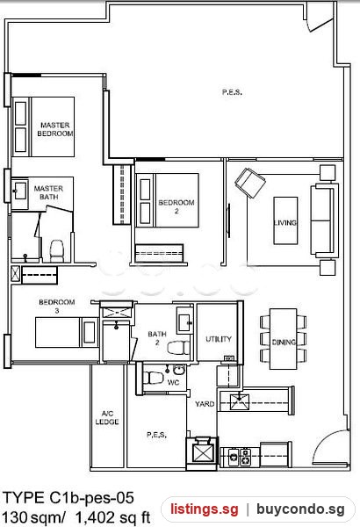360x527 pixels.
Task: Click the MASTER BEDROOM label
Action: [x=55, y=129]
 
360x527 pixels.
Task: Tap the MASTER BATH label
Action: [x=48, y=192]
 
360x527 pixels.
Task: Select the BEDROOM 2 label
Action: [x=176, y=206]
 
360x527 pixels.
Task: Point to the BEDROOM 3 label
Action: [x=57, y=306]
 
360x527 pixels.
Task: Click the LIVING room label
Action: [x=285, y=222]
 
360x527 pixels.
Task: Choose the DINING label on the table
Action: [x=284, y=343]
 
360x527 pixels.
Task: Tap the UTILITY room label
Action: [x=219, y=339]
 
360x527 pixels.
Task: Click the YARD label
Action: [x=205, y=404]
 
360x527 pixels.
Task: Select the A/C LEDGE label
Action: [x=107, y=417]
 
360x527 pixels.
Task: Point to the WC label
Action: [x=173, y=382]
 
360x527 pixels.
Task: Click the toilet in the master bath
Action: [x=56, y=250]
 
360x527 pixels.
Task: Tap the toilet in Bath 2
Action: [x=178, y=348]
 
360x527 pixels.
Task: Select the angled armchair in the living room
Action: [x=250, y=183]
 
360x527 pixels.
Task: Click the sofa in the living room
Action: [x=324, y=220]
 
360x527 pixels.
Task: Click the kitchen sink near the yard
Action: [x=240, y=401]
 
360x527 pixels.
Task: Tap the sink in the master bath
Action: [x=20, y=191]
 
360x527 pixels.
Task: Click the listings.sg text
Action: [x=205, y=509]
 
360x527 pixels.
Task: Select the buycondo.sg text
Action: [x=300, y=509]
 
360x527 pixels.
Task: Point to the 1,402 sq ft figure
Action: [x=112, y=518]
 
